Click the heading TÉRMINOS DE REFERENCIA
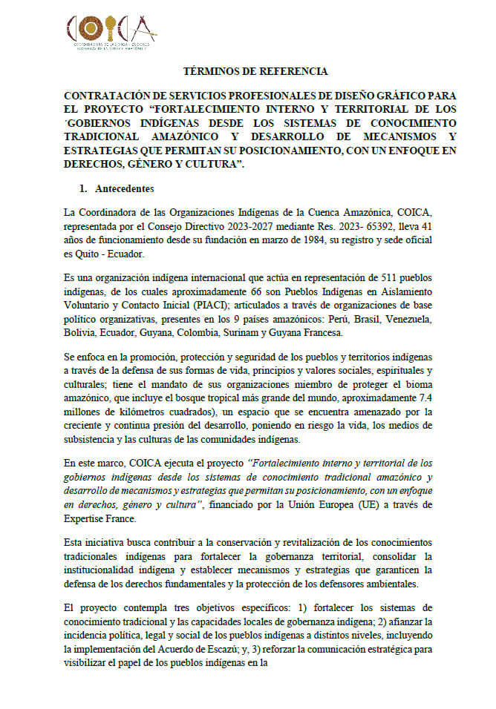255,72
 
